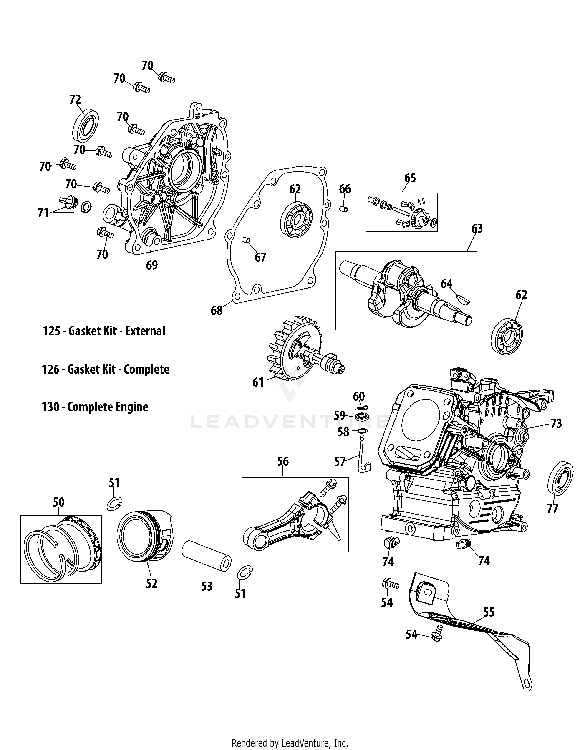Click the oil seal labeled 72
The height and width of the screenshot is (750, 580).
click(x=86, y=125)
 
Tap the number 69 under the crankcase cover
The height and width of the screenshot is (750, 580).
click(x=152, y=265)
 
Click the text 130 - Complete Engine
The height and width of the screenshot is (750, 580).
click(x=95, y=407)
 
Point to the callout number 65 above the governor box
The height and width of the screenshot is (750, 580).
click(x=410, y=178)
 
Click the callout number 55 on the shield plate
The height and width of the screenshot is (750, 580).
click(x=489, y=612)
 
